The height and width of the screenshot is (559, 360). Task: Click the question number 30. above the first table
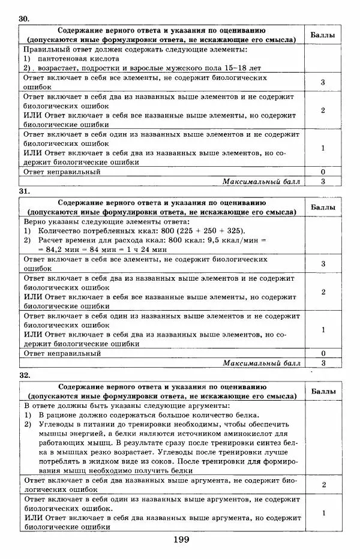(24, 19)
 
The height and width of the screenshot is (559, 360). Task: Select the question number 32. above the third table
(24, 375)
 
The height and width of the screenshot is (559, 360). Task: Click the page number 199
(181, 540)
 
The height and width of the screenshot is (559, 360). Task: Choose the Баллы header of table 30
(323, 35)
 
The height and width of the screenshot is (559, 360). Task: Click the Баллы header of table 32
(323, 391)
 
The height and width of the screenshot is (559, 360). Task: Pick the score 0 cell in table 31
(323, 354)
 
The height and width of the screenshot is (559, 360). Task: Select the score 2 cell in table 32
(323, 485)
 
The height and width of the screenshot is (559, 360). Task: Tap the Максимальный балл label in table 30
(261, 181)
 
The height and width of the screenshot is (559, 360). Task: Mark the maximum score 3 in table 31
(323, 363)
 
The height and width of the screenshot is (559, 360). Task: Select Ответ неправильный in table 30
(62, 172)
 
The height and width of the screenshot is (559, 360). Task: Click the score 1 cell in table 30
(323, 148)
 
